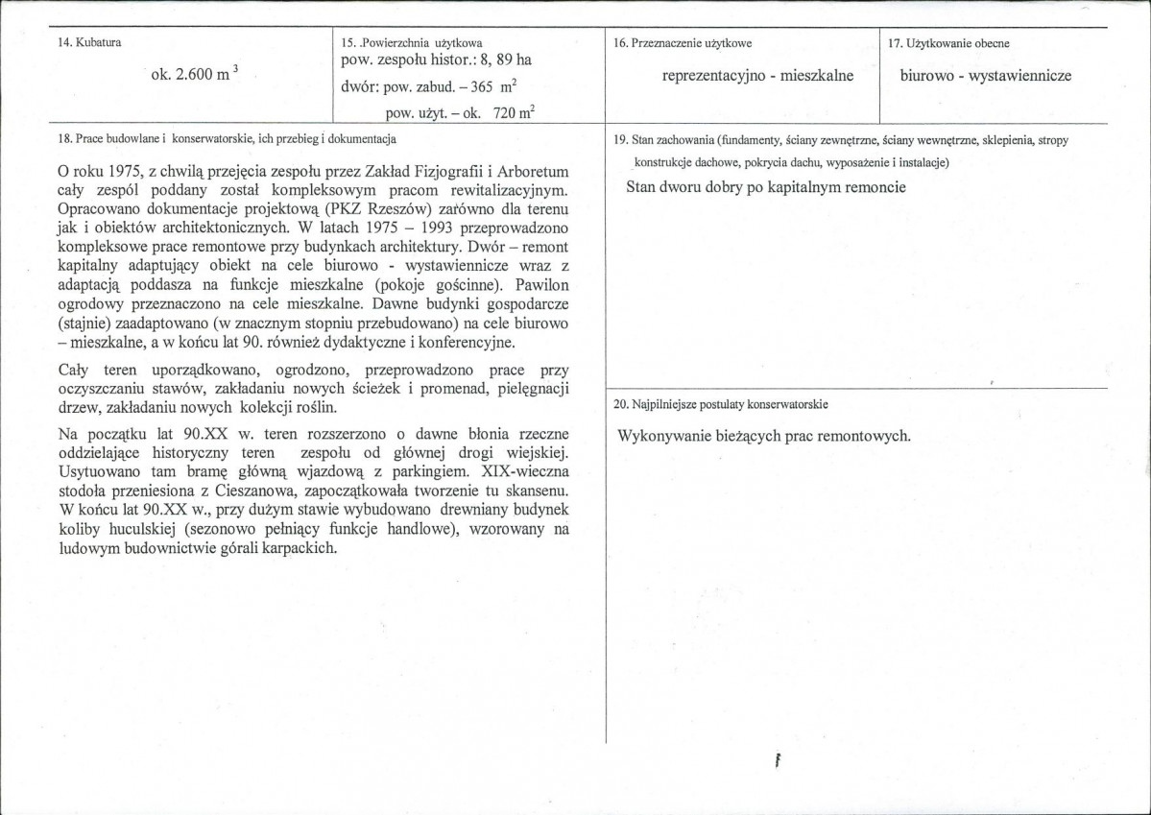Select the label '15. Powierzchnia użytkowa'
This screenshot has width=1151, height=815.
[412, 43]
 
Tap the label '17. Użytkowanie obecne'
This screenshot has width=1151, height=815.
[948, 43]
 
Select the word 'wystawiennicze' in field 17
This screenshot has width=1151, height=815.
[1020, 76]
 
